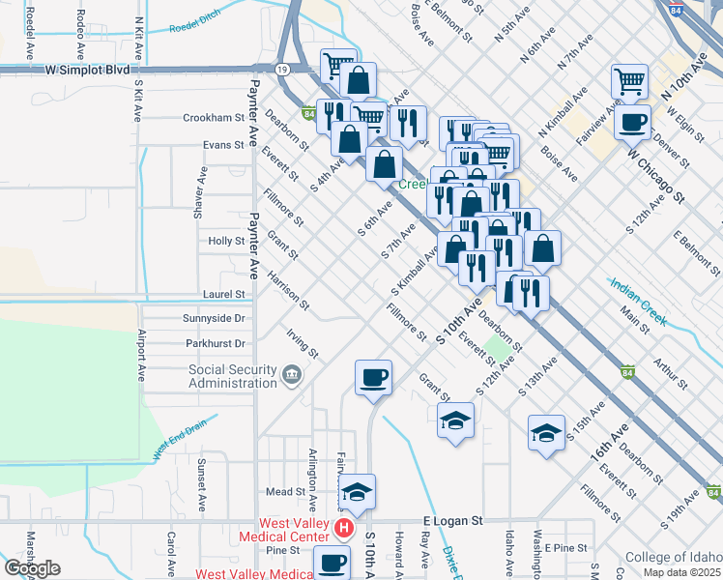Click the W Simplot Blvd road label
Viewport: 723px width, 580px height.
(87, 71)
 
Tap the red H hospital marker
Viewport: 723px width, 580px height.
(343, 528)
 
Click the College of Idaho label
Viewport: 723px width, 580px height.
(674, 557)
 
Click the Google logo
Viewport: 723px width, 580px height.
(32, 568)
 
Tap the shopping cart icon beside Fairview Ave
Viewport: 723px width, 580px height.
(629, 81)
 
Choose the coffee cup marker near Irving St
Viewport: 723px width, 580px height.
(373, 377)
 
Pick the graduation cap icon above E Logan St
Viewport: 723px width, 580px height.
(357, 492)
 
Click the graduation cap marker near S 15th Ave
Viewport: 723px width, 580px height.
(546, 432)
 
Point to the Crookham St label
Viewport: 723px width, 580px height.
(214, 118)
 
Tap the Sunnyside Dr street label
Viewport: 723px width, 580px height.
(214, 317)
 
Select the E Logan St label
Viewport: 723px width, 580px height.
(453, 521)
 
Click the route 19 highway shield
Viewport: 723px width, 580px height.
(281, 71)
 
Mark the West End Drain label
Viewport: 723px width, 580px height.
(180, 441)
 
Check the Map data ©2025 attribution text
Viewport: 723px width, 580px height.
(680, 572)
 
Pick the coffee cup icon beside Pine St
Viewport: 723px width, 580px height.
(332, 562)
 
